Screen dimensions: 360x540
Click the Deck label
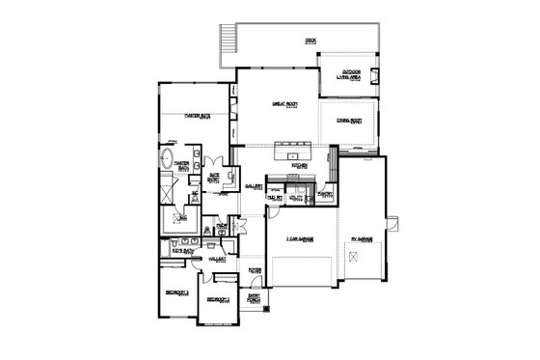310,41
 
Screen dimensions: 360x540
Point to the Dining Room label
349,121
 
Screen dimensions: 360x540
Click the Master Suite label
197,116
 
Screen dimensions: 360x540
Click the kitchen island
296,150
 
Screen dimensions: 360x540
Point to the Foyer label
255,271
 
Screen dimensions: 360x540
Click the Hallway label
217,260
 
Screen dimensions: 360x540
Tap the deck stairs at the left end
227,41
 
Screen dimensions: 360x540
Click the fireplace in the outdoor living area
376,74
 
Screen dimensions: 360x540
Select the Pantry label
325,195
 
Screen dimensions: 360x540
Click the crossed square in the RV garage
357,255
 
